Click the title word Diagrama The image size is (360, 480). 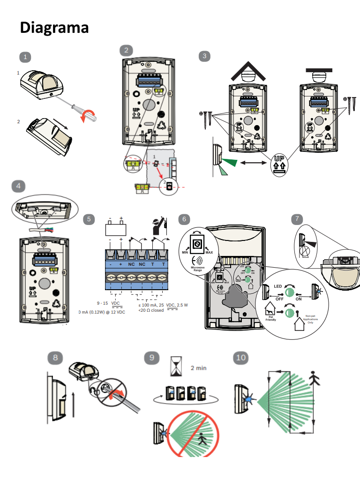(54, 28)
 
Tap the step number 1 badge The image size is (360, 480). (25, 57)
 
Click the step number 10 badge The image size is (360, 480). (240, 358)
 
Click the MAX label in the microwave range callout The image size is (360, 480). (209, 252)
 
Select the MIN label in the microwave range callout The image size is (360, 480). (184, 252)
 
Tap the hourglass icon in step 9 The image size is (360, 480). (176, 366)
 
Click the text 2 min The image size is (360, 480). (198, 368)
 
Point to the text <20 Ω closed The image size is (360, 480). (154, 310)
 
